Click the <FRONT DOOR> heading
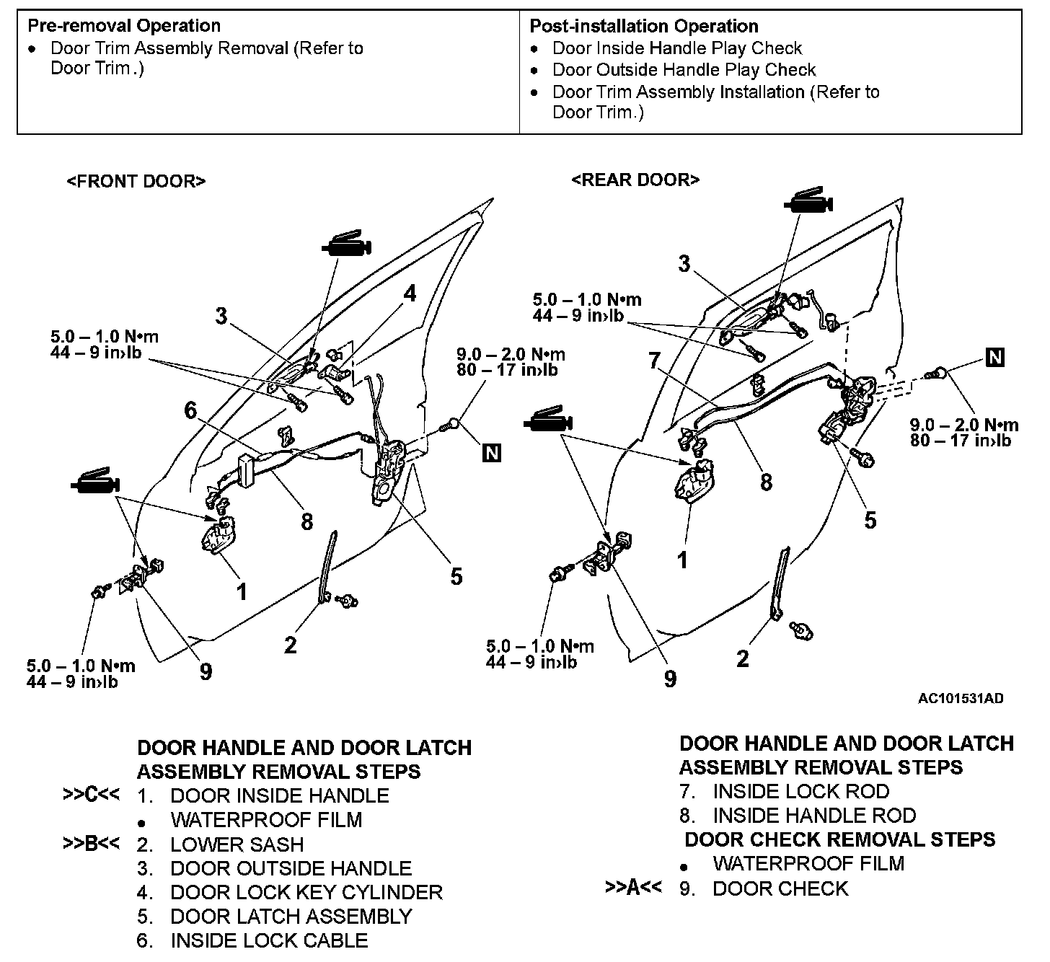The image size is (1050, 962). [136, 181]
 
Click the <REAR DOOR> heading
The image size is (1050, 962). [635, 180]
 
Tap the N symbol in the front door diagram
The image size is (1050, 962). [492, 453]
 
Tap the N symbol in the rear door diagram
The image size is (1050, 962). [994, 358]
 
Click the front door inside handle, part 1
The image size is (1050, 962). [219, 534]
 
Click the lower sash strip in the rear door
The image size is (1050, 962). [780, 583]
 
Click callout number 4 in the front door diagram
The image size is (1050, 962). [410, 294]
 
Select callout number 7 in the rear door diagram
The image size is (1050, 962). [654, 360]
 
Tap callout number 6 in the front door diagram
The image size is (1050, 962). [190, 410]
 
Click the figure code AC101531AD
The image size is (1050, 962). [961, 698]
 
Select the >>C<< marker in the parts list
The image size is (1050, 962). [91, 794]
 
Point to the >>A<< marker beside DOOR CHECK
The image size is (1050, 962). [633, 886]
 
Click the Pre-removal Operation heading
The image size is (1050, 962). [124, 26]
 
